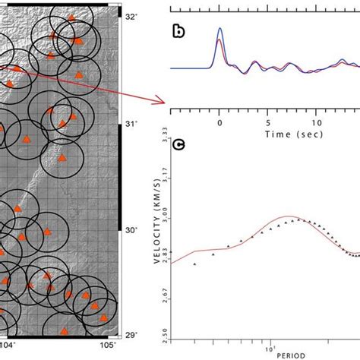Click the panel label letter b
178,32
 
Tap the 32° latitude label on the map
131,15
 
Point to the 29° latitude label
131,335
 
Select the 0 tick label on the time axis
219,121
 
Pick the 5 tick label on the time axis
267,121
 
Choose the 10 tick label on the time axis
315,121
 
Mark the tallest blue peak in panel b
220,29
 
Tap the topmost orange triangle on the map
71,17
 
